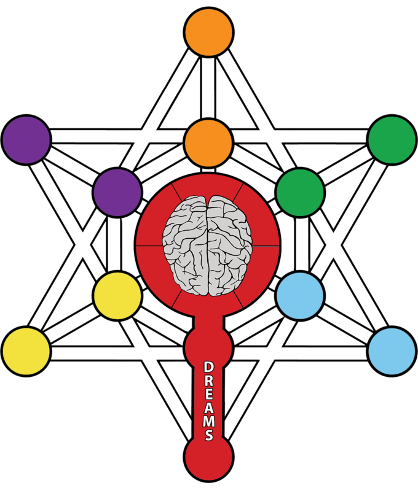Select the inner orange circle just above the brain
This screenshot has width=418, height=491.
[208, 143]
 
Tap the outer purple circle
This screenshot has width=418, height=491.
[26, 139]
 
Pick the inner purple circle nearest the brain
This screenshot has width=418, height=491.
[117, 192]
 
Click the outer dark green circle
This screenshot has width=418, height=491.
[392, 139]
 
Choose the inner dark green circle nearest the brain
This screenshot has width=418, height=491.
[299, 192]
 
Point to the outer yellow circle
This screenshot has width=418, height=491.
[26, 352]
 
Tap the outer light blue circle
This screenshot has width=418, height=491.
[392, 352]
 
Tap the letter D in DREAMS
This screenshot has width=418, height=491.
[208, 367]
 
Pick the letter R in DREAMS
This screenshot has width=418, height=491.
[208, 381]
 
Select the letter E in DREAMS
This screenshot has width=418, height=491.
[208, 395]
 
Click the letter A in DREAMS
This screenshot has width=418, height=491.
[208, 408]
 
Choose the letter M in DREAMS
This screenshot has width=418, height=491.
[208, 422]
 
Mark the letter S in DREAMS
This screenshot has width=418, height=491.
[208, 435]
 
